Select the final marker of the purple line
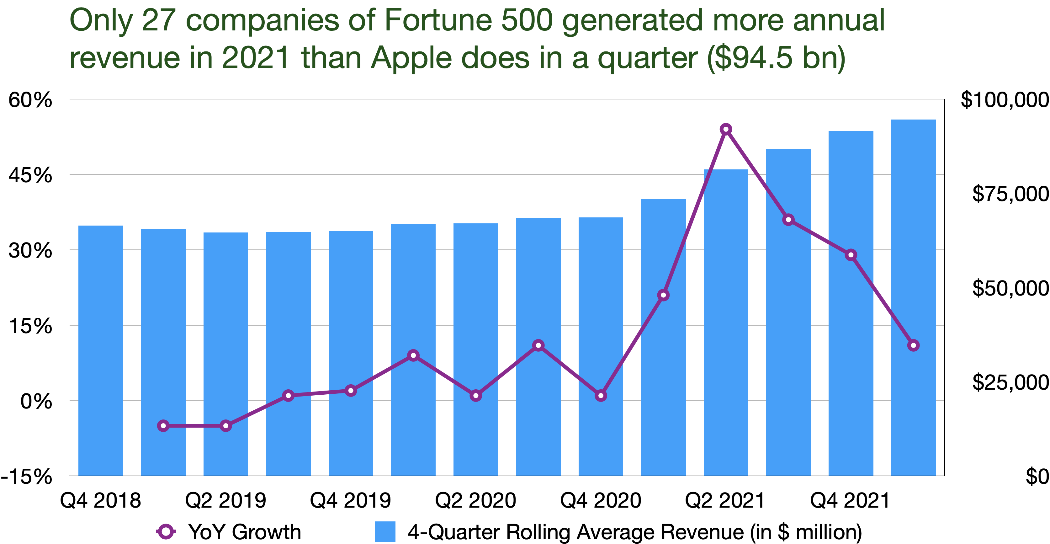[914, 345]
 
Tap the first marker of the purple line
[163, 426]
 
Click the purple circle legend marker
[166, 531]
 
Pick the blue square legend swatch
[385, 531]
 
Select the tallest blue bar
[914, 298]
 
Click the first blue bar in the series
[101, 351]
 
